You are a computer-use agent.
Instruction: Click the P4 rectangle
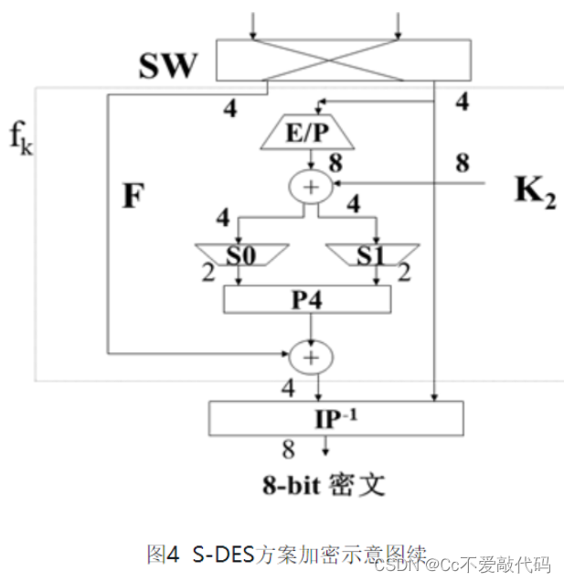[x=307, y=298]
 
